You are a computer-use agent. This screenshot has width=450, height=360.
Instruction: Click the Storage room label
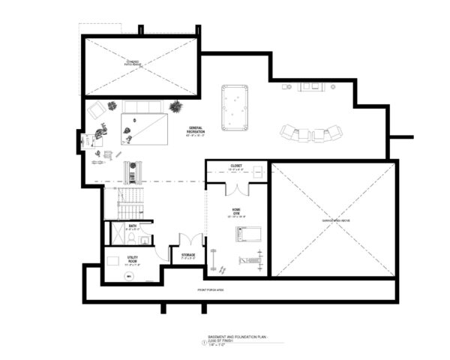187,255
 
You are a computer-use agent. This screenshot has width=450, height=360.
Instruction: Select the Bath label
133,226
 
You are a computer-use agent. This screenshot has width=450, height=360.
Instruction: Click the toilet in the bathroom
130,239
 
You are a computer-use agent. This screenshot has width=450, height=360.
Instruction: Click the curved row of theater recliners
310,133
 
